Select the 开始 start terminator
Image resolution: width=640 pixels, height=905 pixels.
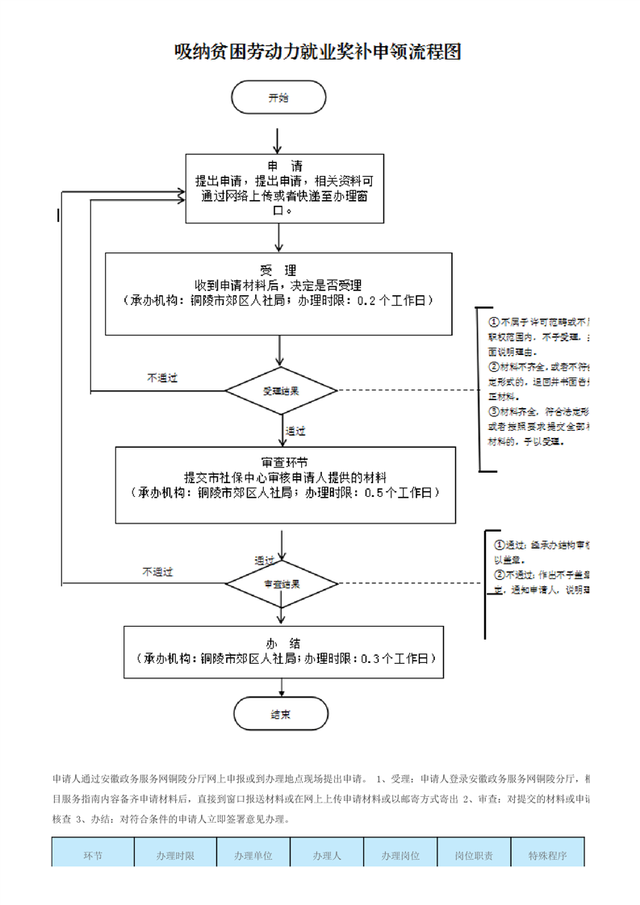[278, 98]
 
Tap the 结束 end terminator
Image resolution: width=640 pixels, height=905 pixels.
[281, 715]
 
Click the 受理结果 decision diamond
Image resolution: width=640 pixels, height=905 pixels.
[281, 391]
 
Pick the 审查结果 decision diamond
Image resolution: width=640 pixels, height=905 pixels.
[281, 583]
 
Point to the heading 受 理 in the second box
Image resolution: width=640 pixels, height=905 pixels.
[278, 269]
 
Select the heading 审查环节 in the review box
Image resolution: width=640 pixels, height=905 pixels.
[284, 462]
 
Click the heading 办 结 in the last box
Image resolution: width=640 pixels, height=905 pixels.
[282, 642]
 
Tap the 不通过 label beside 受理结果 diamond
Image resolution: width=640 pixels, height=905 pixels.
[161, 377]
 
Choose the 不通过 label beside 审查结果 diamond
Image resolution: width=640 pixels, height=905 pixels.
[157, 572]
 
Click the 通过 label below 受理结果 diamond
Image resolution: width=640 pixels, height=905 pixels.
[295, 432]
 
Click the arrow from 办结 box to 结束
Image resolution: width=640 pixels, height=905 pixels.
[281, 686]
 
